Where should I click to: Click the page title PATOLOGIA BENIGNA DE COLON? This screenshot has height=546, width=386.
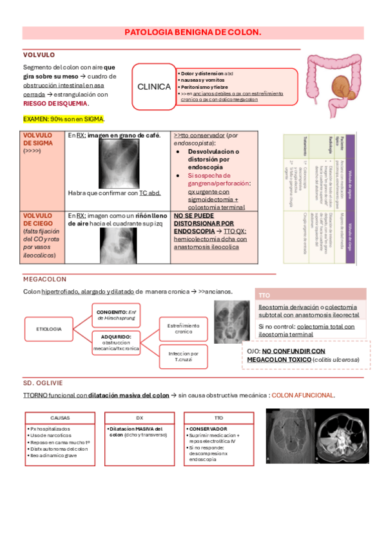coord(193,32)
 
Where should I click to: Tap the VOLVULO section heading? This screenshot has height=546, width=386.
coord(39,55)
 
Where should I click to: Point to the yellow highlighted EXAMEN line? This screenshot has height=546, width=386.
coord(64,120)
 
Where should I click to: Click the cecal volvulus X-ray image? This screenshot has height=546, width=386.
coord(122,246)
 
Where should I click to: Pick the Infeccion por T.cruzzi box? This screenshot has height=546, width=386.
coord(184,357)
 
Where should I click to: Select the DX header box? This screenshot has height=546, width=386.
coord(139,418)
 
